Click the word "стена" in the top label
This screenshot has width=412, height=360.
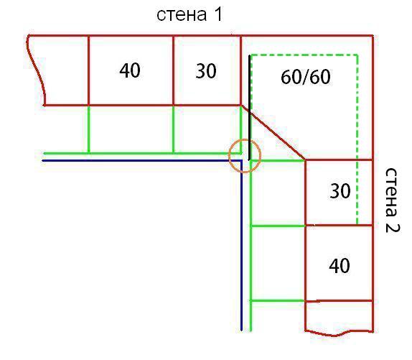point(182,15)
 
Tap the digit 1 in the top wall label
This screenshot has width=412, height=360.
point(218,14)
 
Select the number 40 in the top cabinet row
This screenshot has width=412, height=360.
point(130,70)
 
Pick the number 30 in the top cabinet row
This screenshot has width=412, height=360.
point(206,71)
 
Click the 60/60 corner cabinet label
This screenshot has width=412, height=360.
point(306,77)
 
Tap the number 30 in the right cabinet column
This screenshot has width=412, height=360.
point(340,191)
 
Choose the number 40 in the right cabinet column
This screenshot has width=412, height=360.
point(340,266)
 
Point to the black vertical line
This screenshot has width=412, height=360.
point(249,108)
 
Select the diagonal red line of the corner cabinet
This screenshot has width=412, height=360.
point(273,132)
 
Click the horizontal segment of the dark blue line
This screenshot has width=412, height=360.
point(142,160)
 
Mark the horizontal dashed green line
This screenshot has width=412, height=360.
point(304,55)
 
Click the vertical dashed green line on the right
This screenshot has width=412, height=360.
point(357,139)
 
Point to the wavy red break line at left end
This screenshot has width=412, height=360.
point(36,69)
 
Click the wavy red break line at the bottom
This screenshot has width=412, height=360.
point(339,334)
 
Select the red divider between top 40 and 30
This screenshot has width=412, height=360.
point(174,70)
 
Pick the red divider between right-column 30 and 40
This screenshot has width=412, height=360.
point(340,226)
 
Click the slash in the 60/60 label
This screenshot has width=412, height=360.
point(306,77)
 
